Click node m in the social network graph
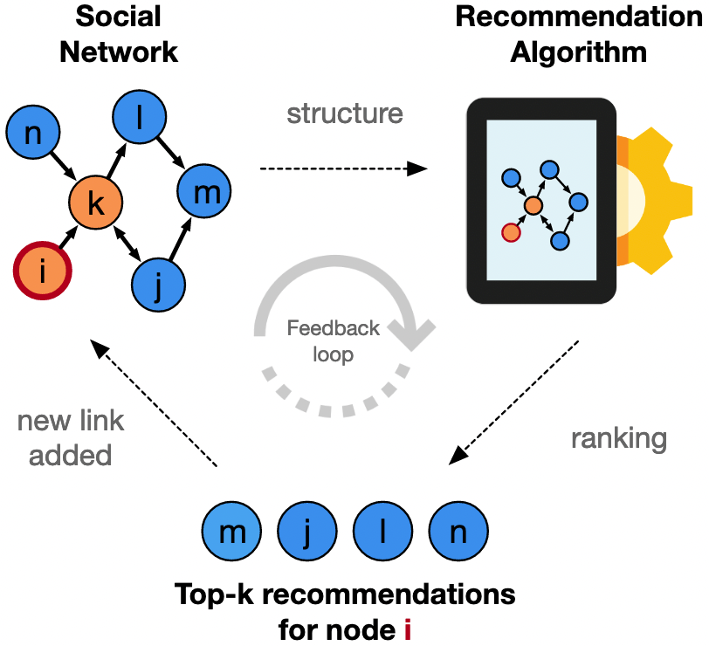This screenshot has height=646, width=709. [206, 192]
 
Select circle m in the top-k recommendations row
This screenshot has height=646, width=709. [231, 532]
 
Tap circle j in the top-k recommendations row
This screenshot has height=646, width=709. [307, 532]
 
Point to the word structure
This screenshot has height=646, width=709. [345, 114]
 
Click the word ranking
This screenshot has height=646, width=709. [618, 437]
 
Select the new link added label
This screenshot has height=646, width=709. [71, 437]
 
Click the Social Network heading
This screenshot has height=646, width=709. [118, 35]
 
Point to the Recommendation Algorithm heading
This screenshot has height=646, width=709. [578, 35]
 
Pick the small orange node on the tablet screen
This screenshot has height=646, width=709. [533, 205]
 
